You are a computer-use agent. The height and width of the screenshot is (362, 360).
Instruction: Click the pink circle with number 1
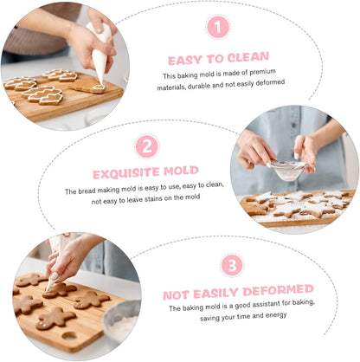pyautogui.click(x=218, y=27)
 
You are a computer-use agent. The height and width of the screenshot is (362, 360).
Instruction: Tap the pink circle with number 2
pyautogui.click(x=147, y=146)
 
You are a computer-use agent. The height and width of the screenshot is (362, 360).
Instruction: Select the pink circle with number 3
pyautogui.click(x=232, y=265)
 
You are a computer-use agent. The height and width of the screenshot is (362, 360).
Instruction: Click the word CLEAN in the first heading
pyautogui.click(x=248, y=57)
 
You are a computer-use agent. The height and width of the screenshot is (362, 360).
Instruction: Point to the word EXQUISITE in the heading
pyautogui.click(x=125, y=173)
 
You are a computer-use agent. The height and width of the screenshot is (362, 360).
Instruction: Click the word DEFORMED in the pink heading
pyautogui.click(x=278, y=290)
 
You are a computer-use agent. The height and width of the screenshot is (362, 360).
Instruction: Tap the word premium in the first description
pyautogui.click(x=262, y=72)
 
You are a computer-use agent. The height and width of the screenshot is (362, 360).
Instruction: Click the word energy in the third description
pyautogui.click(x=276, y=315)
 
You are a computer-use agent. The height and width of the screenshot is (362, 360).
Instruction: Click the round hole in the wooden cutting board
pyautogui.click(x=69, y=336)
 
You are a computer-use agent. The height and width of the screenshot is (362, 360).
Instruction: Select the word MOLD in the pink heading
pyautogui.click(x=181, y=171)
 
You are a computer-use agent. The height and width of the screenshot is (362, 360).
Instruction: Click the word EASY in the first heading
pyautogui.click(x=184, y=61)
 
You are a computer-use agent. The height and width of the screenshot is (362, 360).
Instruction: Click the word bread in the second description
pyautogui.click(x=87, y=191)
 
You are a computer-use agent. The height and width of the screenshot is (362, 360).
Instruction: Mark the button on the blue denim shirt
pyautogui.click(x=293, y=126)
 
